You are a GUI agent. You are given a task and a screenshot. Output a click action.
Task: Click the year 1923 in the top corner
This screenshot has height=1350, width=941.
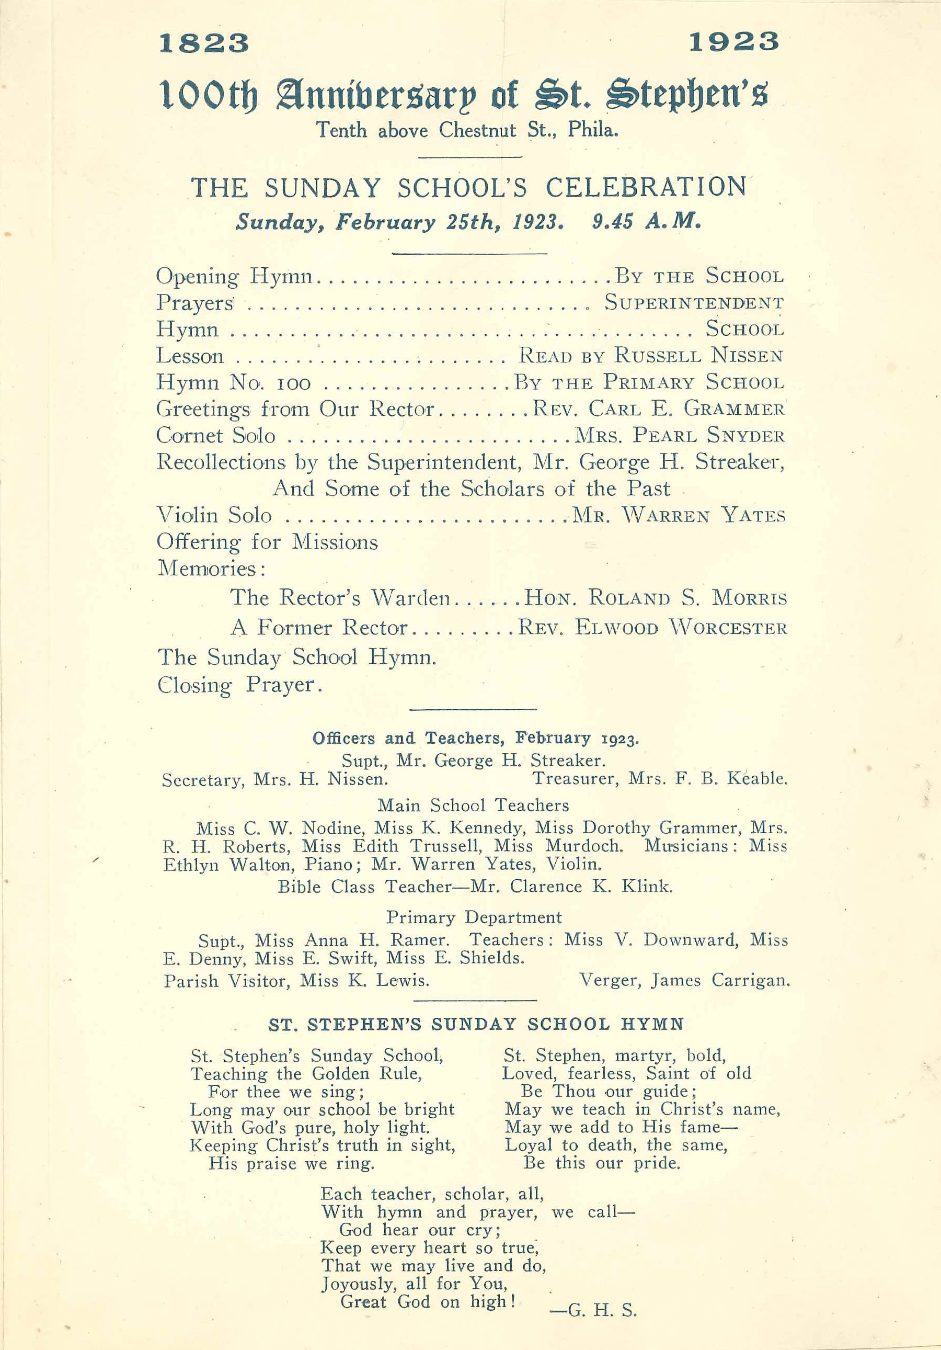(733, 42)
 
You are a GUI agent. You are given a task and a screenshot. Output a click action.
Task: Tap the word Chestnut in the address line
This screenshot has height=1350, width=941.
(477, 130)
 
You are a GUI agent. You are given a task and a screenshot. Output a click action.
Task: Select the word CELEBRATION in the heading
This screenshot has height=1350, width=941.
(646, 188)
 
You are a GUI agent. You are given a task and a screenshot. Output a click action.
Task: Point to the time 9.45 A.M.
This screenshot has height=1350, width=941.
(647, 222)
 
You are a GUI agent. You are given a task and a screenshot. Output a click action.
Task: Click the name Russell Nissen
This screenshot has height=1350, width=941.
(699, 356)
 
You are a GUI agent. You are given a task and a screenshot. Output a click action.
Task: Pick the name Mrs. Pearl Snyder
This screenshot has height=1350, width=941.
(680, 436)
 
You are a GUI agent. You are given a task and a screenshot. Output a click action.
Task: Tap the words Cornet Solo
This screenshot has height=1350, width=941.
(216, 436)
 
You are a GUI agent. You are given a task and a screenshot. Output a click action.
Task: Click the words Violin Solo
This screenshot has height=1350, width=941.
(214, 516)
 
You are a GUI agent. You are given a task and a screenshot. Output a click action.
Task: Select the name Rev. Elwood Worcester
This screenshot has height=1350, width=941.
(652, 628)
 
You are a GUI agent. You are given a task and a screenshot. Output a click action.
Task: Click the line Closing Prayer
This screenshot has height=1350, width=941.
(240, 685)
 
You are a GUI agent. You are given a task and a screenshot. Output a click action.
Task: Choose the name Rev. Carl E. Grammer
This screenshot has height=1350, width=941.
(658, 409)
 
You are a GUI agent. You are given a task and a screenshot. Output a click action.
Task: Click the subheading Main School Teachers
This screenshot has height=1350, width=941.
(473, 805)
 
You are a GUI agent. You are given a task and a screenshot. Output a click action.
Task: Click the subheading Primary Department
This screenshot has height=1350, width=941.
(474, 917)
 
